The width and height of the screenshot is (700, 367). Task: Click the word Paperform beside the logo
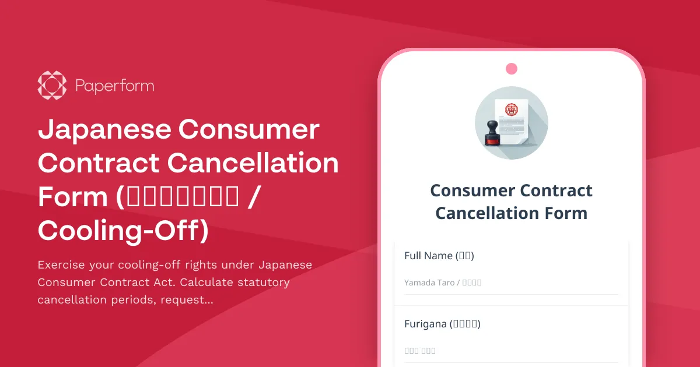pyautogui.click(x=115, y=86)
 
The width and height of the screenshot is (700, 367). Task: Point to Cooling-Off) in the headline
pyautogui.click(x=123, y=231)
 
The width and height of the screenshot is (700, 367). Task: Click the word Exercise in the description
pyautogui.click(x=61, y=265)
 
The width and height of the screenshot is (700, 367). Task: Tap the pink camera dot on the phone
pyautogui.click(x=512, y=69)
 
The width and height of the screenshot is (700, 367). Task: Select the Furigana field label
pyautogui.click(x=442, y=324)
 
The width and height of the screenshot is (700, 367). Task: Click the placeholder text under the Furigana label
pyautogui.click(x=420, y=351)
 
